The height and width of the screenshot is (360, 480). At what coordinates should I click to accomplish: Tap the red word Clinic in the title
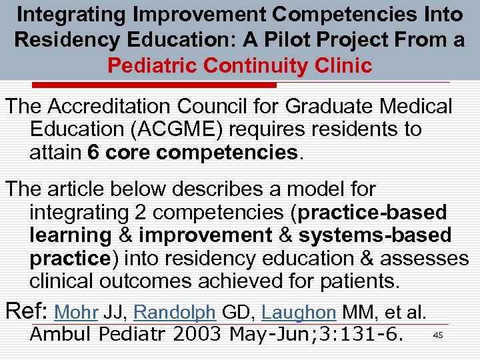point(338,65)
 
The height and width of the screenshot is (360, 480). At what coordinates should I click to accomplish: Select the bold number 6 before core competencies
point(94,151)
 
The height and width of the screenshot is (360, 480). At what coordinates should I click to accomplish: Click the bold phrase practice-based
point(373,213)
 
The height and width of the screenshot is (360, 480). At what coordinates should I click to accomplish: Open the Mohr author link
point(76,311)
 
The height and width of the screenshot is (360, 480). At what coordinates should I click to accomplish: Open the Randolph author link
point(175,311)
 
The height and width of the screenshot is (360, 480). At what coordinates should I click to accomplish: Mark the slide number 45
point(438,335)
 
